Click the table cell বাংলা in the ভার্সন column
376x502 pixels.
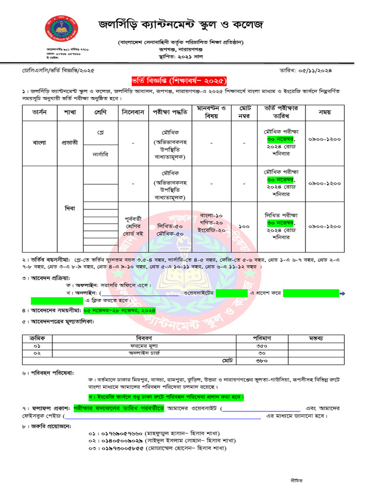(x=39, y=142)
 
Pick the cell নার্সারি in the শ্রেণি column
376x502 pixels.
(x=100, y=153)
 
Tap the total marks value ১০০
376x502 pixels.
(x=245, y=227)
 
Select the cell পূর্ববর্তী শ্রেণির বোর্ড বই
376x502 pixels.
(x=133, y=227)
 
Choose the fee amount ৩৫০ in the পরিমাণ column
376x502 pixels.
(x=261, y=346)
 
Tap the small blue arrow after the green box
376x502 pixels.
(x=343, y=293)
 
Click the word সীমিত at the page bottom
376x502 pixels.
(x=296, y=481)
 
